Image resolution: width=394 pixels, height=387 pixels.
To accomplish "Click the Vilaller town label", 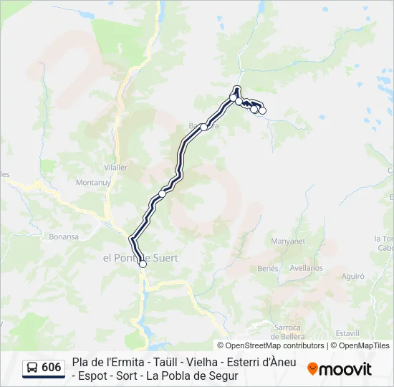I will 115,167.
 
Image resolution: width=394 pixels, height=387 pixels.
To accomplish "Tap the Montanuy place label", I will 91,183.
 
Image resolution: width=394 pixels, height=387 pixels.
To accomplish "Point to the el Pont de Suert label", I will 140,257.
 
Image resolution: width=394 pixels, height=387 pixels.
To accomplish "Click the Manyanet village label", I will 288,242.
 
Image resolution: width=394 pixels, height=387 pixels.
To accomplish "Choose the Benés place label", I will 267,268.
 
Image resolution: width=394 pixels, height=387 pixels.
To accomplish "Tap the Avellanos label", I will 307,268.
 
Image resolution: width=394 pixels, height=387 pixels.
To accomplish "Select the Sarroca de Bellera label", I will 287,332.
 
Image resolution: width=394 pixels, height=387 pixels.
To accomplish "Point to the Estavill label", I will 347,333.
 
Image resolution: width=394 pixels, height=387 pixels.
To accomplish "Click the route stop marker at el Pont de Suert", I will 143,264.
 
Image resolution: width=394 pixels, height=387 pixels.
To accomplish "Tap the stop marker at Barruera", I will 204,127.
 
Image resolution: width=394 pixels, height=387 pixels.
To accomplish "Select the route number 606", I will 52,368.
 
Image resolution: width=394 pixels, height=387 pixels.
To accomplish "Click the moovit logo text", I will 345,369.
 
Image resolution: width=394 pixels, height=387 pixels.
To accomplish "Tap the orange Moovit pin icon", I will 312,368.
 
